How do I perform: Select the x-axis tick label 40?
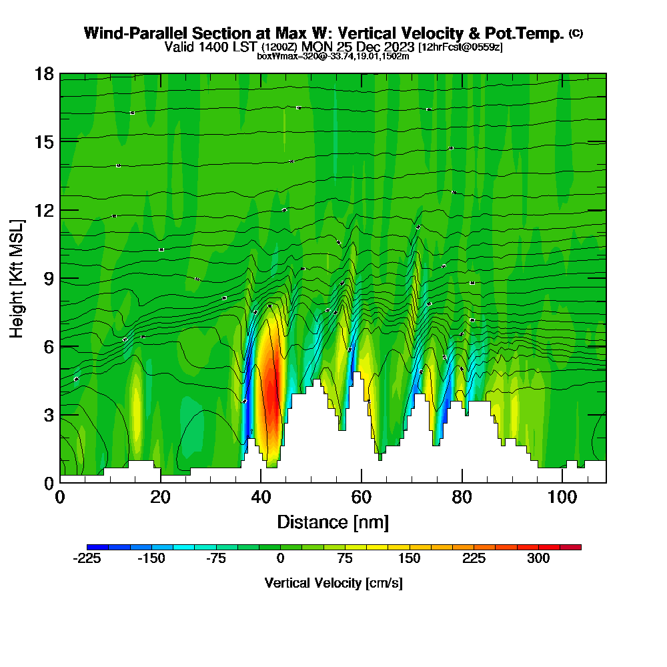point(261,497)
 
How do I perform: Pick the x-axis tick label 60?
point(361,497)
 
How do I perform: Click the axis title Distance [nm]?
point(333,522)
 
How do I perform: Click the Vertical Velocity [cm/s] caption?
point(333,583)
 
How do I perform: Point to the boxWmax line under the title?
point(333,56)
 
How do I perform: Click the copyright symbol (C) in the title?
point(576,33)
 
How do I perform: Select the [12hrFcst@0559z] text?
point(460,47)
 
